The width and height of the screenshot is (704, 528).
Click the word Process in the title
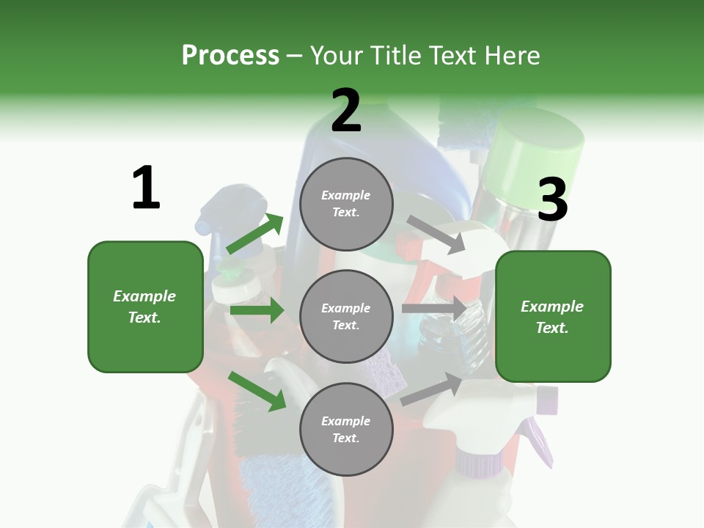(230, 56)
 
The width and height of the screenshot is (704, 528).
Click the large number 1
(146, 188)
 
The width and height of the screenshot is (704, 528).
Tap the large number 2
(346, 111)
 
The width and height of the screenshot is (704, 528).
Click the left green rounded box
(145, 307)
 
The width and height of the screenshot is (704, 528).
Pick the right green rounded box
(553, 317)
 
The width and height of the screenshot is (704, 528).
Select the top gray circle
(346, 204)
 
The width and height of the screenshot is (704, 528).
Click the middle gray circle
(346, 316)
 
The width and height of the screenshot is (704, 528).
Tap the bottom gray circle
(346, 429)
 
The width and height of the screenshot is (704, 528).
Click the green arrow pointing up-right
(255, 234)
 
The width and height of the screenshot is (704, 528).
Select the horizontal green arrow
(257, 310)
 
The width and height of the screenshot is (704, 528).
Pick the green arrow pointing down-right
(257, 391)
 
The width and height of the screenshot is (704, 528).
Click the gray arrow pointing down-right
(436, 234)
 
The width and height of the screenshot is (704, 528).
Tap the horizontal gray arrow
(433, 309)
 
